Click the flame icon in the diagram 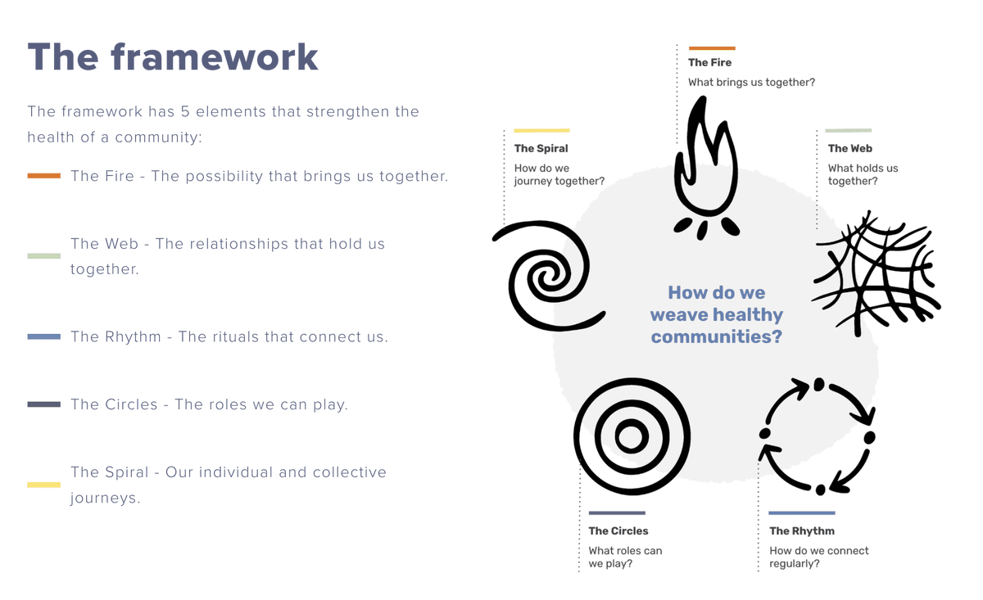pos(705,168)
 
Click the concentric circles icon pos(632,436)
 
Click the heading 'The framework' pos(173,57)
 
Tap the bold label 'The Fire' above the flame pos(709,62)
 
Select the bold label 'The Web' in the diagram pos(849,148)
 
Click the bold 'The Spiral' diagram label pos(541,148)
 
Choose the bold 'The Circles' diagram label pos(618,530)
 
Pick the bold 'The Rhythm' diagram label pos(801,530)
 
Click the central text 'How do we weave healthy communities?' pos(716,314)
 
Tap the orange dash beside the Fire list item pos(43,176)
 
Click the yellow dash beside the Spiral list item pos(43,485)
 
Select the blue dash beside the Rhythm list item pos(43,336)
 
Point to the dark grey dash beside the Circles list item pos(43,404)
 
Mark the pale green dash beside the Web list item pos(43,256)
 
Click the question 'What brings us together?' pos(751,82)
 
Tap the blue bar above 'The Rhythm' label pos(801,513)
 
